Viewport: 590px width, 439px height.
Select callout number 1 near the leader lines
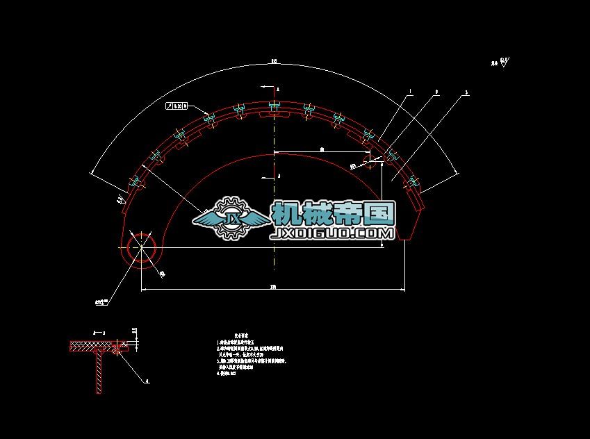click(x=410, y=91)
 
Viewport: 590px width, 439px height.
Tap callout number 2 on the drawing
click(x=436, y=91)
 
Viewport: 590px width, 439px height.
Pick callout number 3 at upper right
click(x=466, y=92)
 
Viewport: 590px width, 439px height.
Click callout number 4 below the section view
click(x=147, y=381)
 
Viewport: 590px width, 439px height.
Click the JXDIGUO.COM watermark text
click(x=334, y=234)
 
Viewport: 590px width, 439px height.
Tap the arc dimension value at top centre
click(x=274, y=62)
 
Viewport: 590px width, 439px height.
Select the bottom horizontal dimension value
click(x=272, y=286)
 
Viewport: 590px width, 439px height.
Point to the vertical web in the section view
click(x=99, y=372)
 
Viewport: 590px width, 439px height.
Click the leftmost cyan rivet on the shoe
click(x=134, y=183)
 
